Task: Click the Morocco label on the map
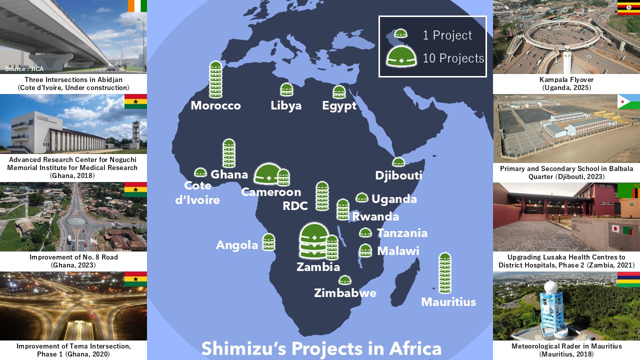(x=215, y=106)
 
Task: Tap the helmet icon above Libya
(x=286, y=90)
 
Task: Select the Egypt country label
(x=339, y=106)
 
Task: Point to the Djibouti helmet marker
(x=398, y=162)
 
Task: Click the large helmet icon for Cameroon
(x=268, y=174)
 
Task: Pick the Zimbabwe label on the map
(x=345, y=293)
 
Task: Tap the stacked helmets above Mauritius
(x=445, y=273)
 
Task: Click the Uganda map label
(x=394, y=199)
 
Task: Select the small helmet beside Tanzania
(x=365, y=232)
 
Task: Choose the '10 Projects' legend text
(x=453, y=58)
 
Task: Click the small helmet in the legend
(x=401, y=34)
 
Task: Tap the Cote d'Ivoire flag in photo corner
(x=137, y=6)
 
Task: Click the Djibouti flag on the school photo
(x=628, y=101)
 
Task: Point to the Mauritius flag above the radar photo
(x=628, y=279)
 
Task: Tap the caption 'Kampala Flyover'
(x=566, y=80)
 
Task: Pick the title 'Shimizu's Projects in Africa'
(x=321, y=348)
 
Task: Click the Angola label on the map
(x=237, y=245)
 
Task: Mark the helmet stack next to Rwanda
(x=342, y=209)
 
